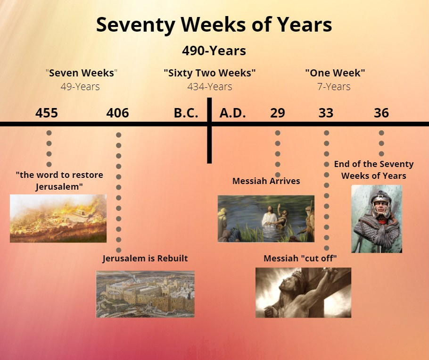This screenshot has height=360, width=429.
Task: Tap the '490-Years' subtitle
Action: (214, 50)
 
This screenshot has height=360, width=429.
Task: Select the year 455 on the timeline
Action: (47, 113)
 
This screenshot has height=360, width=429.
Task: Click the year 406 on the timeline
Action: (117, 113)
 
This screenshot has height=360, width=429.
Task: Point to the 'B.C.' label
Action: (186, 113)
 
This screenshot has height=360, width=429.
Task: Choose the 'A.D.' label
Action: (233, 113)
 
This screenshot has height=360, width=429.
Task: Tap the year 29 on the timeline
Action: (278, 113)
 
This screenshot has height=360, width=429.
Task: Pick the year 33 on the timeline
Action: (326, 113)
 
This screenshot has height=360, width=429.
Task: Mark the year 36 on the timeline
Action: (381, 113)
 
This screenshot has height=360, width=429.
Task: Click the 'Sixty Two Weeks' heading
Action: (210, 73)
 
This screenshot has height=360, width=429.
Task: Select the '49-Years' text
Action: (80, 87)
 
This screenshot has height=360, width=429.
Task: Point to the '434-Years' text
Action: (210, 87)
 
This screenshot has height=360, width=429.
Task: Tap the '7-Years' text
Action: (334, 87)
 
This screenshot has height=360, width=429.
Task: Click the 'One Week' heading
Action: (335, 73)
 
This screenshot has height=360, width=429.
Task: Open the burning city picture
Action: (58, 218)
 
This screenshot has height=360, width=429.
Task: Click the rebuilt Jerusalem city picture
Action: (145, 293)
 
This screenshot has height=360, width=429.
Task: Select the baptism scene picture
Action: (266, 218)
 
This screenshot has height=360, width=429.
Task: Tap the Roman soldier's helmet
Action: (380, 198)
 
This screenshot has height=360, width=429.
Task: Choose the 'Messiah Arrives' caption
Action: (266, 181)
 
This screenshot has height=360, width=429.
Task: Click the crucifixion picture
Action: (303, 293)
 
